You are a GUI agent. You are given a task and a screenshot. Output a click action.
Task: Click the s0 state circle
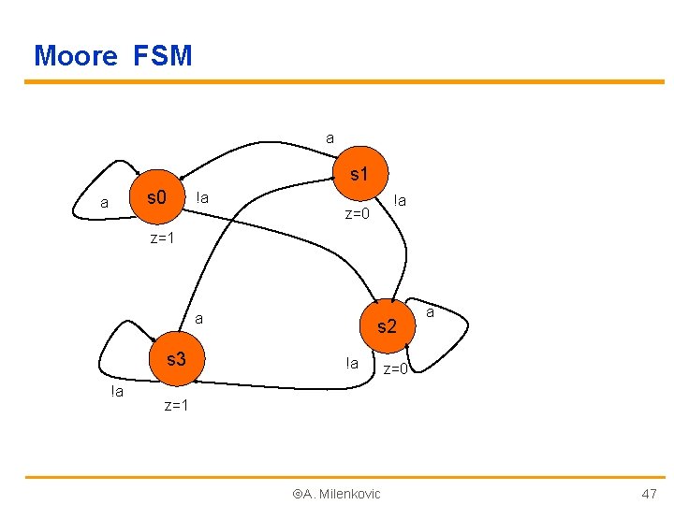coord(157,198)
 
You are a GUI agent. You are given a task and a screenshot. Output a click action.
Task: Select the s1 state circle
coord(359,175)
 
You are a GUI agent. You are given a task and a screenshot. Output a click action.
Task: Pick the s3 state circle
coord(175,358)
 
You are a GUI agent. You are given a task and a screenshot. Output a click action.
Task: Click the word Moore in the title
coord(76,56)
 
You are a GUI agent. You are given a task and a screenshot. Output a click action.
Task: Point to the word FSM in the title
coord(163,56)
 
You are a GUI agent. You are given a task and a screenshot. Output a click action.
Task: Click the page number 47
coord(649,493)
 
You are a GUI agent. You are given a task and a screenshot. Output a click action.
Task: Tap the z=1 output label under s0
coord(163,238)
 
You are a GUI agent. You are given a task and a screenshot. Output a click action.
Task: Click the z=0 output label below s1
coord(358,214)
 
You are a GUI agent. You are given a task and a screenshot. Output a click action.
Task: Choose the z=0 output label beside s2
coord(395,369)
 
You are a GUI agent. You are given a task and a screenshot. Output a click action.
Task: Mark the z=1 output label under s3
coord(176,405)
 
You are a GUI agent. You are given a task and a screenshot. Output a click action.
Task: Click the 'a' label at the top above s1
coord(330,138)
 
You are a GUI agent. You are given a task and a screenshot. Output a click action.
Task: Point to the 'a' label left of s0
coord(104,202)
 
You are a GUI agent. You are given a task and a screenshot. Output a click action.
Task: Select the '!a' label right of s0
coord(201,197)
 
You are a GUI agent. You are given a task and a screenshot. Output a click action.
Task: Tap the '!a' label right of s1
coord(400,199)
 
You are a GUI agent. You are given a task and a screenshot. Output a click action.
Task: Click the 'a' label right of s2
coord(430,312)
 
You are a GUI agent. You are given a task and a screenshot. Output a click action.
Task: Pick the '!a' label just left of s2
coord(351,363)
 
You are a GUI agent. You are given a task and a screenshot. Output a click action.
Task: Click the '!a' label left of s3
coord(116,391)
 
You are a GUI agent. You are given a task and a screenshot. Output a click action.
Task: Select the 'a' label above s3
coord(198,319)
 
